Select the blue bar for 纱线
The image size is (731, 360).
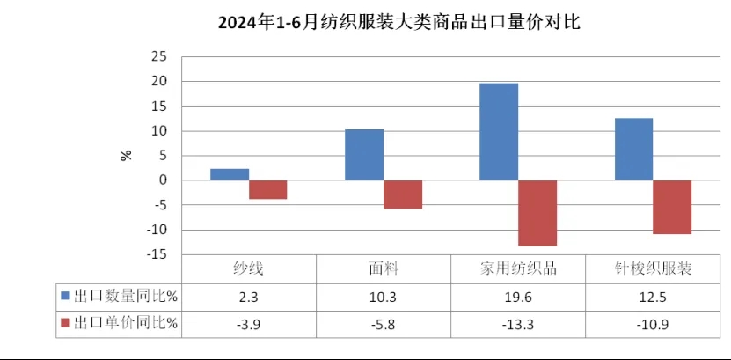click(229, 174)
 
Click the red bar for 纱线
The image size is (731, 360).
click(267, 189)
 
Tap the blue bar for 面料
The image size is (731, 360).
click(363, 155)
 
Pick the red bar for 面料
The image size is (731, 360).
click(402, 195)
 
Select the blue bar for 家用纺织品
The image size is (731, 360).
click(498, 132)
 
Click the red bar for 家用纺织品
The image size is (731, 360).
click(537, 213)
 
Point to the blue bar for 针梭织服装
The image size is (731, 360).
click(633, 149)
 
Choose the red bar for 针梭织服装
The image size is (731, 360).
click(672, 207)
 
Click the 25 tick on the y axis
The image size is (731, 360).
click(158, 56)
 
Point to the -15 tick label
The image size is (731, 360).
click(156, 255)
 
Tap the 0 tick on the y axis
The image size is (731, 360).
click(163, 180)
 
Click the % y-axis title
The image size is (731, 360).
click(127, 155)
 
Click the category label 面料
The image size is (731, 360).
click(383, 269)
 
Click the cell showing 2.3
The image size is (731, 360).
click(248, 297)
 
